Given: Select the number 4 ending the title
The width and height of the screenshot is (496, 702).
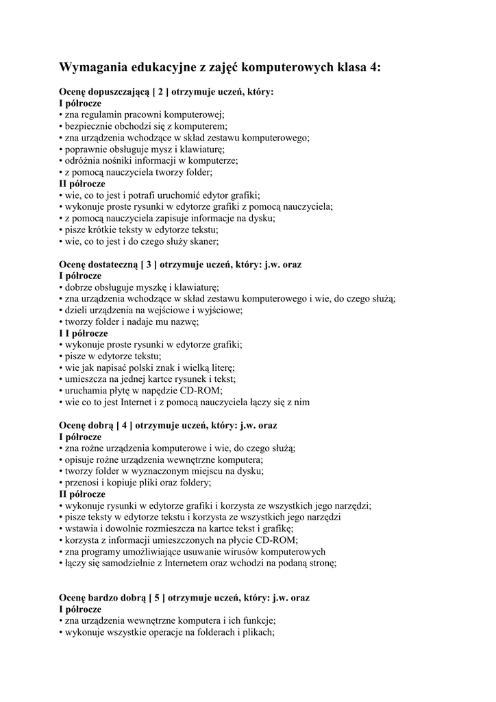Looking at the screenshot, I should [373, 67].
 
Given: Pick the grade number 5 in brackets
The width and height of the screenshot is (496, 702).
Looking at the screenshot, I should [156, 598].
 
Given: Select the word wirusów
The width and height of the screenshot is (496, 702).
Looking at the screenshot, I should [227, 552].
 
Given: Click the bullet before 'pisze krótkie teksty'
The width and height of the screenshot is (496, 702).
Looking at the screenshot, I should [60, 230].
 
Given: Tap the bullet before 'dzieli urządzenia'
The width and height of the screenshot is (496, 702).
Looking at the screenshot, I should [60, 310].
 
